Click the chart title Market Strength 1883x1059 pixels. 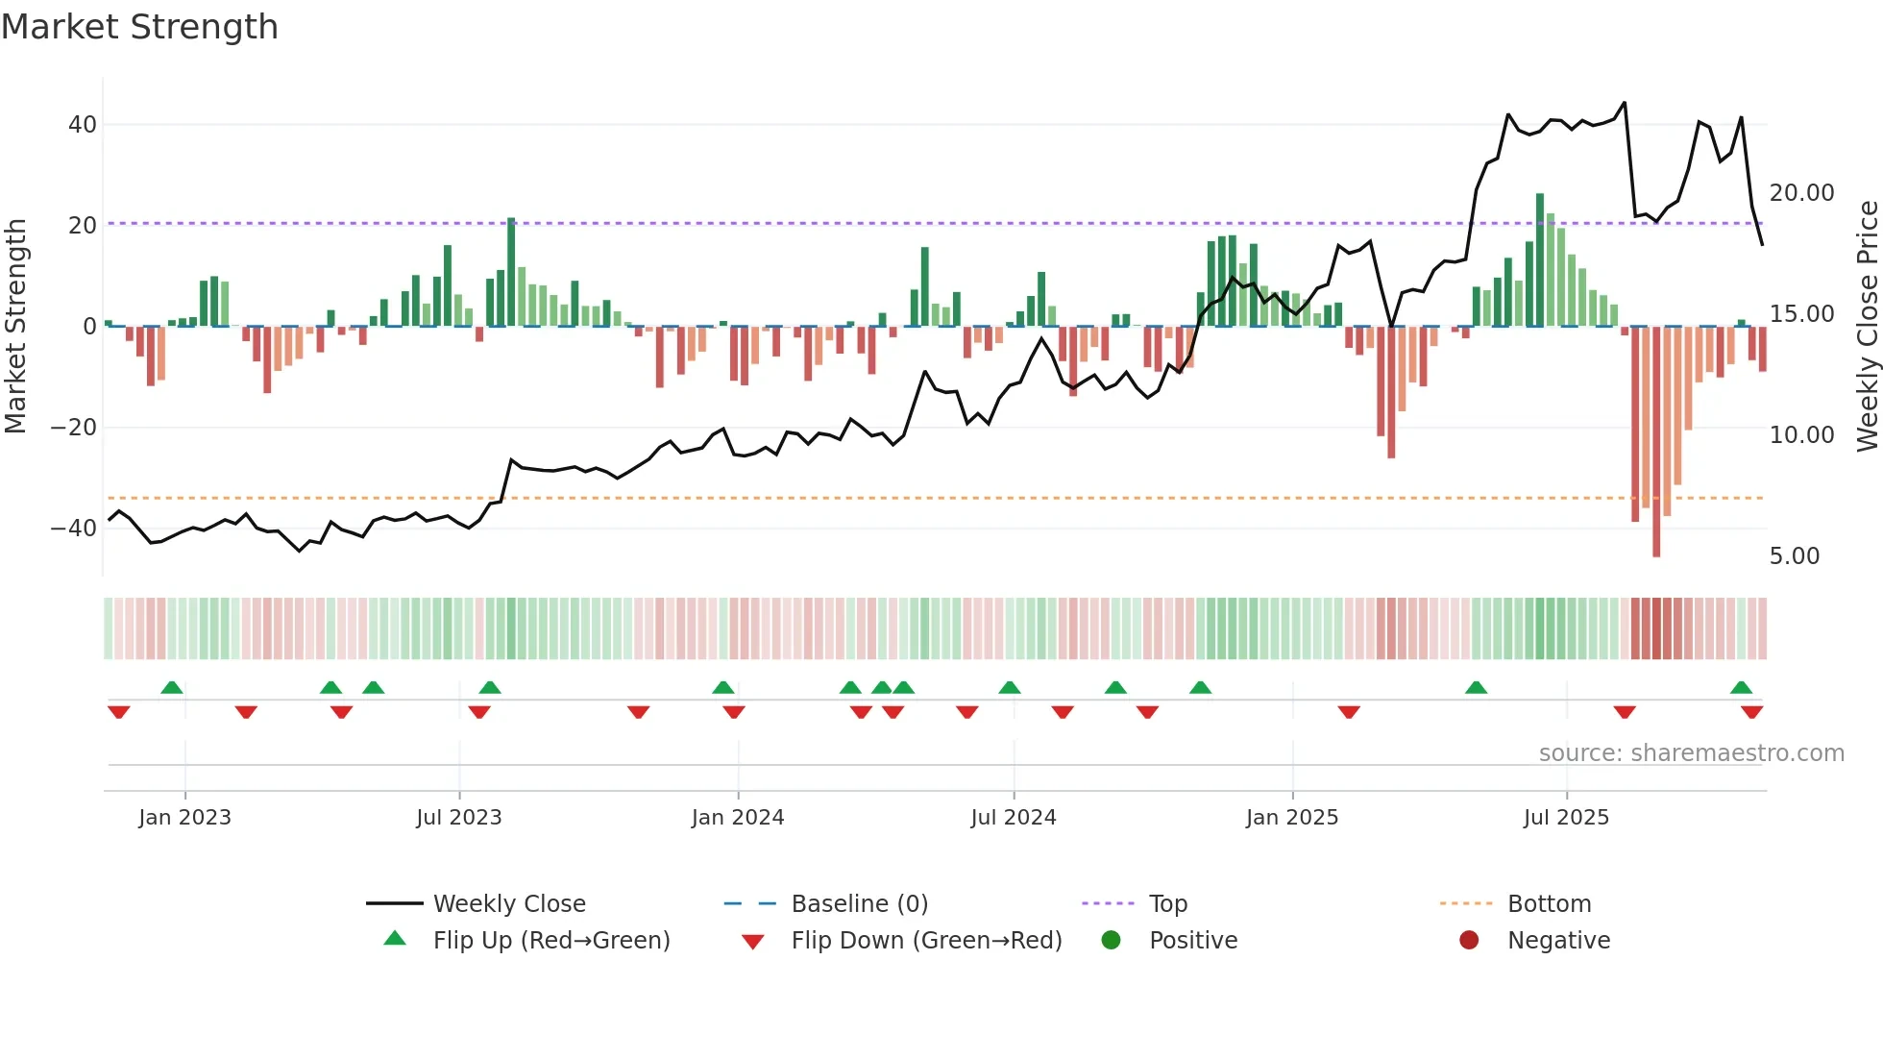coord(139,27)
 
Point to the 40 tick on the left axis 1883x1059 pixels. coord(82,125)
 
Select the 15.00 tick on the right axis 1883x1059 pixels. coord(1801,314)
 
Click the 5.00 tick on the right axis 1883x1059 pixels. coord(1794,556)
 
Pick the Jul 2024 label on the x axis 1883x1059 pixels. coord(1013,818)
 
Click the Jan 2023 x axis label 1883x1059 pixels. coord(184,818)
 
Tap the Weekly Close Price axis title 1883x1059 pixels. coord(1867,327)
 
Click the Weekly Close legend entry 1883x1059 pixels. coord(508,904)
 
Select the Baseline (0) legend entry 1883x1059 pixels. coord(859,904)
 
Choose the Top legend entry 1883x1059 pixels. coord(1167,904)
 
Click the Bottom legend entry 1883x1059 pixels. coord(1549,904)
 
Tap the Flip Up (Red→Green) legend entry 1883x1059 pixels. coord(550,941)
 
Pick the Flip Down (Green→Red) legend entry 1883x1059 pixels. coord(926,941)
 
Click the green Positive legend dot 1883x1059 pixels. coord(1111,941)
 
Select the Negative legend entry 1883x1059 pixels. coord(1557,941)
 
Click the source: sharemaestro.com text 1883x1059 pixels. coord(1691,753)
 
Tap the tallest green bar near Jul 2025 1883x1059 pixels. coord(1540,259)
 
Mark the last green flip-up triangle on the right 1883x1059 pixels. coord(1741,688)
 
